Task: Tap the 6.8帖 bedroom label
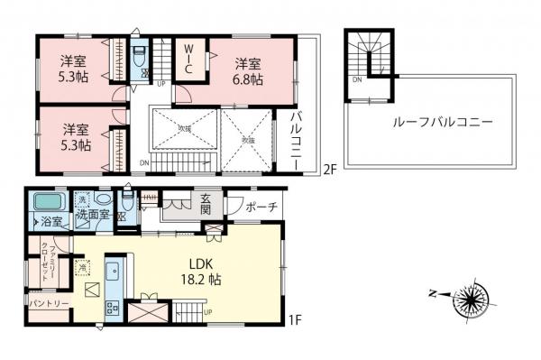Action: [249, 71]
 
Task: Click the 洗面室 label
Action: [92, 217]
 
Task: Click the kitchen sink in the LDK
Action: [113, 272]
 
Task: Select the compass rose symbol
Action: [468, 299]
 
